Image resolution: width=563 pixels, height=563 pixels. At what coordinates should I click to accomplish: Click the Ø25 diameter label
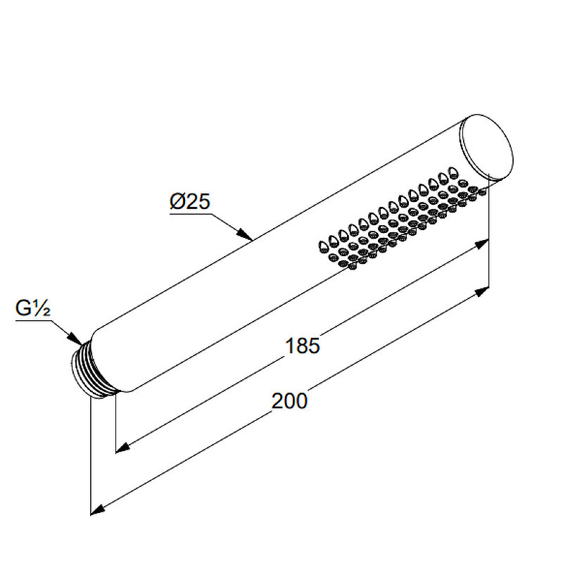pos(189,201)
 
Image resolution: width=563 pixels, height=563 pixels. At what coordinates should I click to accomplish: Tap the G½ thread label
pos(32,308)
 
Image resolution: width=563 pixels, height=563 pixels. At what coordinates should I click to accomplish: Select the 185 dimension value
pos(302,346)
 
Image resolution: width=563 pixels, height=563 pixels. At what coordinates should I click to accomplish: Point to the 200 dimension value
pos(289,401)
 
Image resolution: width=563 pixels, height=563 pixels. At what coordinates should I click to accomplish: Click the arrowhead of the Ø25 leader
pos(244,234)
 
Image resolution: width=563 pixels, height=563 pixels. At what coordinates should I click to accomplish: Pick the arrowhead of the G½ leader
pos(75,339)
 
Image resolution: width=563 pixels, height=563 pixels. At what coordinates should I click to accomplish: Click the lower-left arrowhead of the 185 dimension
pos(122,448)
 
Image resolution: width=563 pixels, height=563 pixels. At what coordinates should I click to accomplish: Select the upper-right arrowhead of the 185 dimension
pos(481,244)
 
